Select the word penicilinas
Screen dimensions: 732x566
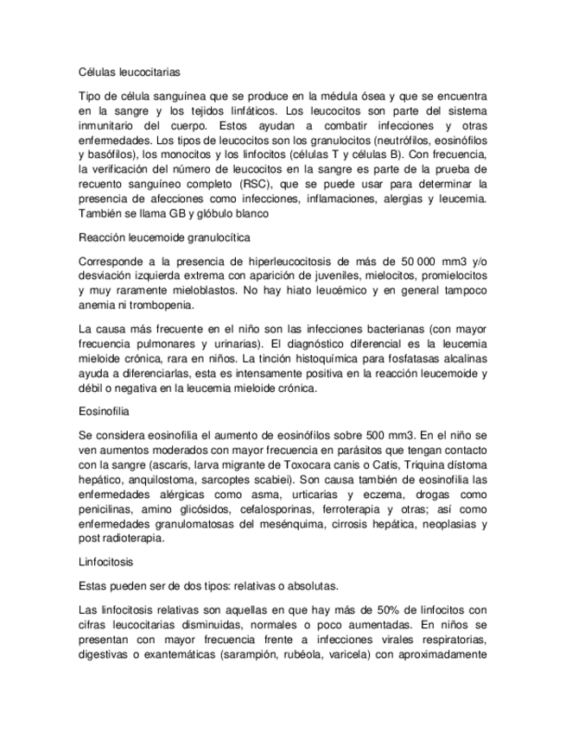[109, 508]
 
